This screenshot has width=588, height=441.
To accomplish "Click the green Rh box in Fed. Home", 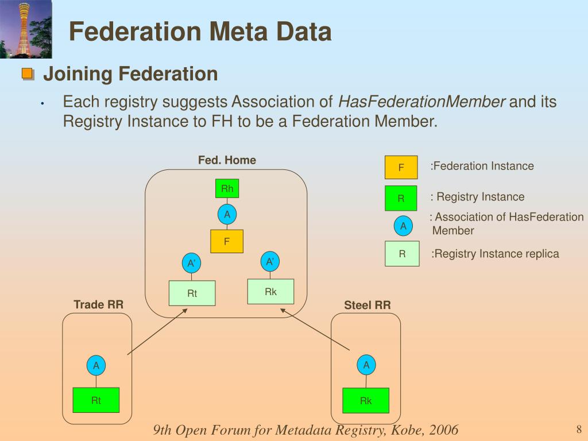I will pos(227,188).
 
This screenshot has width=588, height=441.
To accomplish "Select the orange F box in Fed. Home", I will pos(227,241).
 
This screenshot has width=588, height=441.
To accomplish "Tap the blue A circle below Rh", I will pos(227,215).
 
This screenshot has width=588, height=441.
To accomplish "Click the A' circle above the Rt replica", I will pos(192,264).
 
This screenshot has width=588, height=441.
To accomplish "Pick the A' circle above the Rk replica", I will pos(270,262).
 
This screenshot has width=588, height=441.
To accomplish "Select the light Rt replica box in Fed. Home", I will pos(192,293).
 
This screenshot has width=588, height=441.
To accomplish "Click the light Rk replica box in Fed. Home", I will pos(270,292).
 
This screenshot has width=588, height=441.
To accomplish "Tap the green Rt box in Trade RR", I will pos(96,400).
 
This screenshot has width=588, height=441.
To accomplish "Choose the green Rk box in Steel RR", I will pos(366,401).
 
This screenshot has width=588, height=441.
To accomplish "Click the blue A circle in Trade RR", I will pos(96,365).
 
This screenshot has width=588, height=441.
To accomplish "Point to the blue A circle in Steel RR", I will pos(366,365).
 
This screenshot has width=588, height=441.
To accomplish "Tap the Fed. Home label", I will pos(227,160).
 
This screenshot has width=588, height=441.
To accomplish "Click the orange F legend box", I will pos(401,168).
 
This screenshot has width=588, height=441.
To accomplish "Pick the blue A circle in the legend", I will pos(403,226).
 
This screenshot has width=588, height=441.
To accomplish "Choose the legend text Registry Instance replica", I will pos(495,254).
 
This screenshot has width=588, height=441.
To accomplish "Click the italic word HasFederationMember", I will pos(421,102).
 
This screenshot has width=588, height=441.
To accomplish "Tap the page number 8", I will pos(579,429).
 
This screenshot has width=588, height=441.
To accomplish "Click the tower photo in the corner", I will pos(26,29).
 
